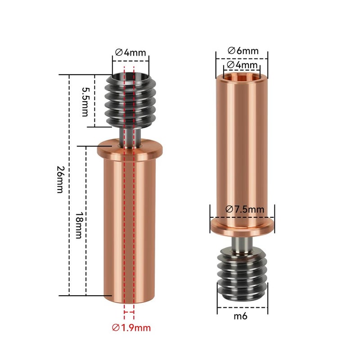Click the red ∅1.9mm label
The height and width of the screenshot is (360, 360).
tap(131, 328)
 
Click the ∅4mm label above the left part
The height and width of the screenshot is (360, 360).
tap(130, 52)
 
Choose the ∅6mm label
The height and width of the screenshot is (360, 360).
tap(243, 50)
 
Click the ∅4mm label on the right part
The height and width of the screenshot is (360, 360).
tap(243, 65)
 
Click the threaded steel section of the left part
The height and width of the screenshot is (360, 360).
tap(130, 100)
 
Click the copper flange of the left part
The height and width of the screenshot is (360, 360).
tap(130, 147)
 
